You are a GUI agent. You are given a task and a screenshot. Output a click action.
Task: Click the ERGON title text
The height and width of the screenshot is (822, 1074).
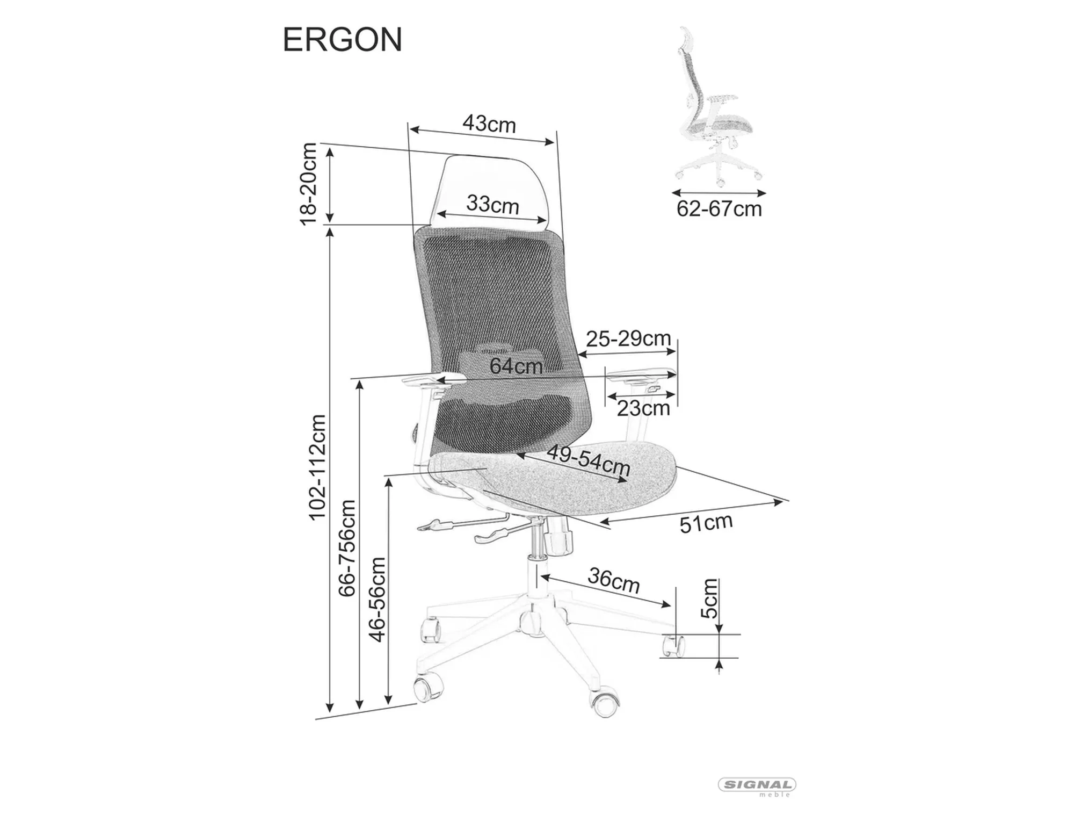pos(342,40)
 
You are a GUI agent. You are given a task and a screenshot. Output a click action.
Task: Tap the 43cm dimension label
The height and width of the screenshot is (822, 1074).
pos(489,124)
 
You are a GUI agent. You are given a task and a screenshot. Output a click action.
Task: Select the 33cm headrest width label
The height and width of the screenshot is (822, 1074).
pos(492,205)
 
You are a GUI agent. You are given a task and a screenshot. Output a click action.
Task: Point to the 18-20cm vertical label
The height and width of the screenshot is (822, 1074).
pos(309,184)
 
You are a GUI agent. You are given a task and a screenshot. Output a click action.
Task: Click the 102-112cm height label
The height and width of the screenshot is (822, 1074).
pos(317,467)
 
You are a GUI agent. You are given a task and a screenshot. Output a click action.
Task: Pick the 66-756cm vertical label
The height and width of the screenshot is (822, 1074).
pos(347,547)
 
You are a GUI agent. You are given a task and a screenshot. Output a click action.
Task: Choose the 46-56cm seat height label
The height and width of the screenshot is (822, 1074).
pos(378,599)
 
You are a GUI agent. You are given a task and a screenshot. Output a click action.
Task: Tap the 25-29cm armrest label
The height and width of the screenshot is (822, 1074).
pos(628,339)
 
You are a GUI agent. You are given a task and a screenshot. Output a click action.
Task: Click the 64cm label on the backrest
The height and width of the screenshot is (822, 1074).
pos(516,366)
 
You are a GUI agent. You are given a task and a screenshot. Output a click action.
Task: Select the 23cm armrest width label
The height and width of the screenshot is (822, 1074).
pos(643,409)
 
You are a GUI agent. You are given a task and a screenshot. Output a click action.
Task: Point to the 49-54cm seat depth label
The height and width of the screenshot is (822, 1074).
pos(589,460)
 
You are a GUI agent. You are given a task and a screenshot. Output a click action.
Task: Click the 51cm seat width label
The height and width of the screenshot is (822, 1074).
pos(706,523)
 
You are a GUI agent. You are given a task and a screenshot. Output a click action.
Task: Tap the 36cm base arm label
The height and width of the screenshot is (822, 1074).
pos(614,580)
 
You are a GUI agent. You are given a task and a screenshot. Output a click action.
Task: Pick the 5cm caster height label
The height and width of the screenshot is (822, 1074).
pos(709,598)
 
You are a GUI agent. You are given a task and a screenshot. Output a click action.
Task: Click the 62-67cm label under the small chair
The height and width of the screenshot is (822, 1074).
pos(719,209)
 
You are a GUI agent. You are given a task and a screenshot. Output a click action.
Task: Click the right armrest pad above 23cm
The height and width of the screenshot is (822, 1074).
pos(639,374)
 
